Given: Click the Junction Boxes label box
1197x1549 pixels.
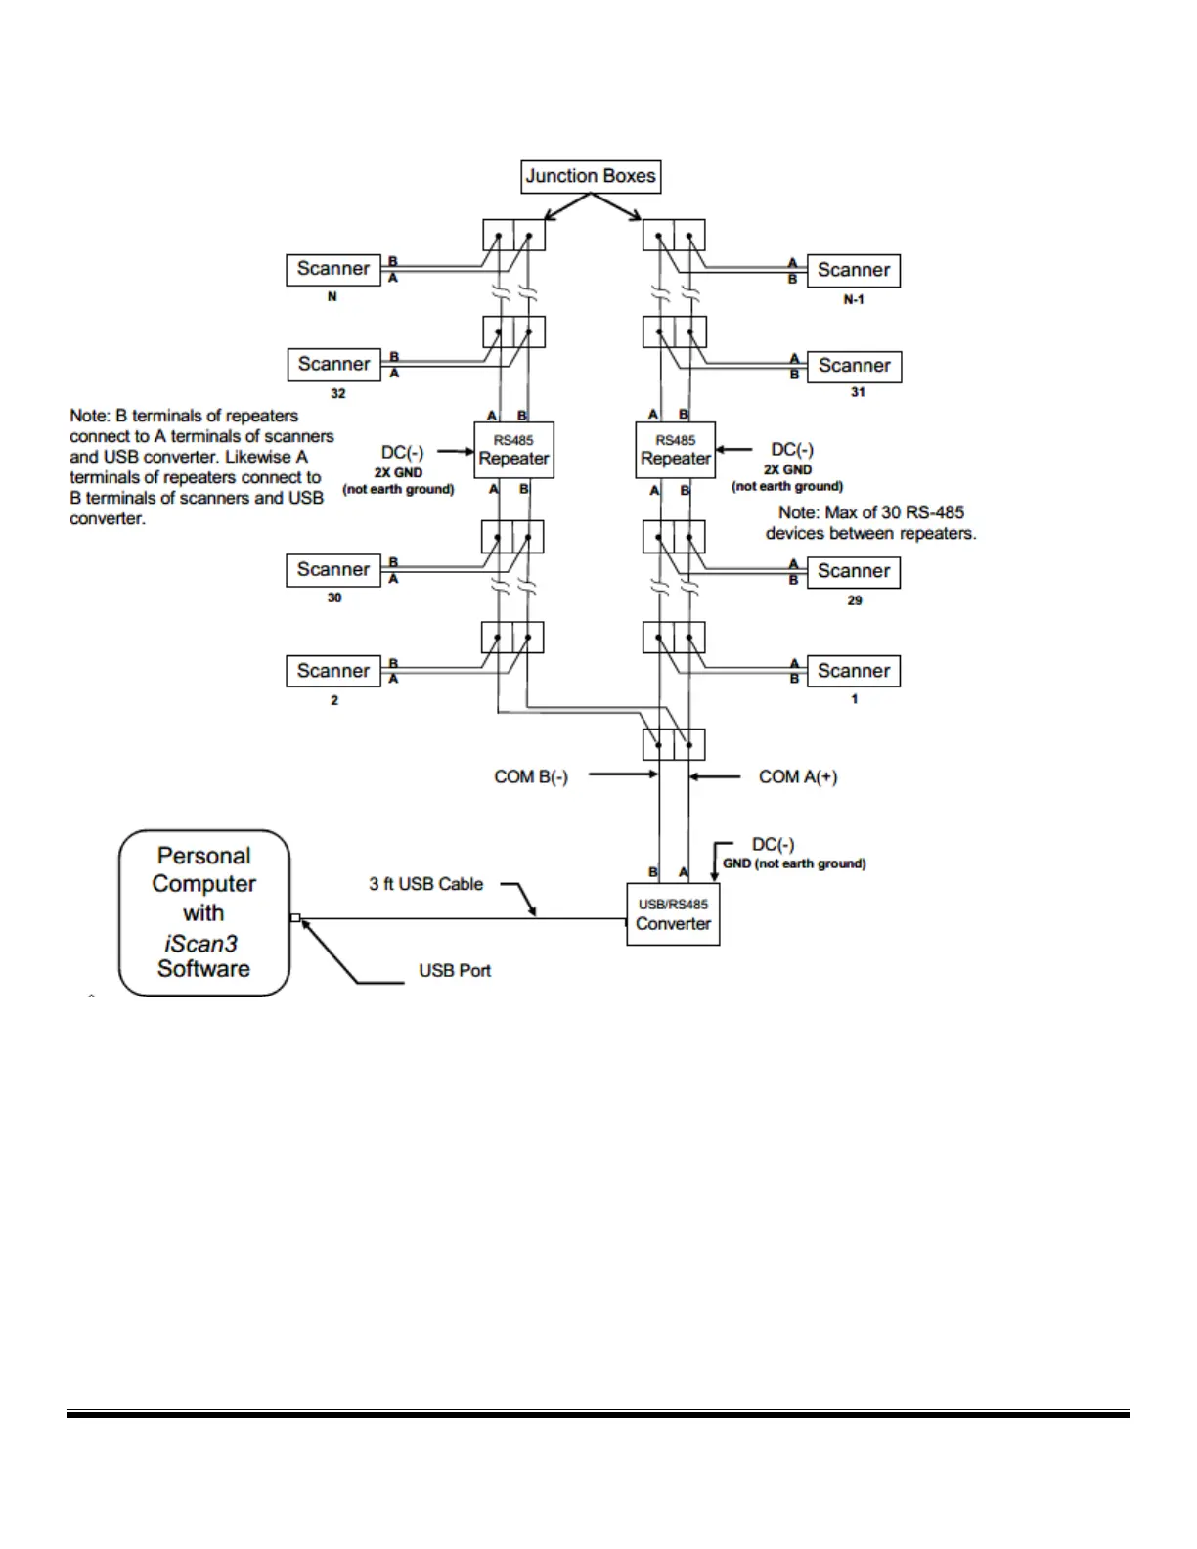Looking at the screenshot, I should click(591, 177).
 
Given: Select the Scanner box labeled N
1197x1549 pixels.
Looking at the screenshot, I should click(333, 270).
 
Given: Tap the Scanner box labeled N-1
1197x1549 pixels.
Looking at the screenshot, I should click(853, 271).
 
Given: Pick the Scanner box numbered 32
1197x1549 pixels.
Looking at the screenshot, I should click(333, 365).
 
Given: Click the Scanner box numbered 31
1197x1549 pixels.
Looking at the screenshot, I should click(854, 367).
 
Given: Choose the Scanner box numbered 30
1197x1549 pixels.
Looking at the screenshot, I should click(333, 570).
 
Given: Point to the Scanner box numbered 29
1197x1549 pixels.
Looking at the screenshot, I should click(853, 572).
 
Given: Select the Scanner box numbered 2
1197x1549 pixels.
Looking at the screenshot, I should click(333, 672).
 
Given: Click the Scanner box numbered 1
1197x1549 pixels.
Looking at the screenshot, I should click(853, 672).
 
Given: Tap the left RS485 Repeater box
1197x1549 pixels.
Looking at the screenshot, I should click(514, 451).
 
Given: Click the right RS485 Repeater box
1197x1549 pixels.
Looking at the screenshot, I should click(676, 451).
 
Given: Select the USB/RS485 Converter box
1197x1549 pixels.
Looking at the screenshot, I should click(673, 914).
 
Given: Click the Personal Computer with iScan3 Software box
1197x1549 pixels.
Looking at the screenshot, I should click(204, 912).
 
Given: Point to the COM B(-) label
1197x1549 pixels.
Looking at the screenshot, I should click(531, 777).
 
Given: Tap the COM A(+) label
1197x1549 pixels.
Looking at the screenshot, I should click(798, 777).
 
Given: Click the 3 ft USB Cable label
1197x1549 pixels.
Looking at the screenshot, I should click(426, 884).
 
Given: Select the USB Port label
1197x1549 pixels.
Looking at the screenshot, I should click(455, 971).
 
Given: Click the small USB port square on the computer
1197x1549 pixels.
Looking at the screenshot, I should click(295, 918).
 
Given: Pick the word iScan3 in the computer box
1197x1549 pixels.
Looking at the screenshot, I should click(201, 944).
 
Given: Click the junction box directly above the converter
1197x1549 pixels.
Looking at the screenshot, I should click(674, 745).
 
